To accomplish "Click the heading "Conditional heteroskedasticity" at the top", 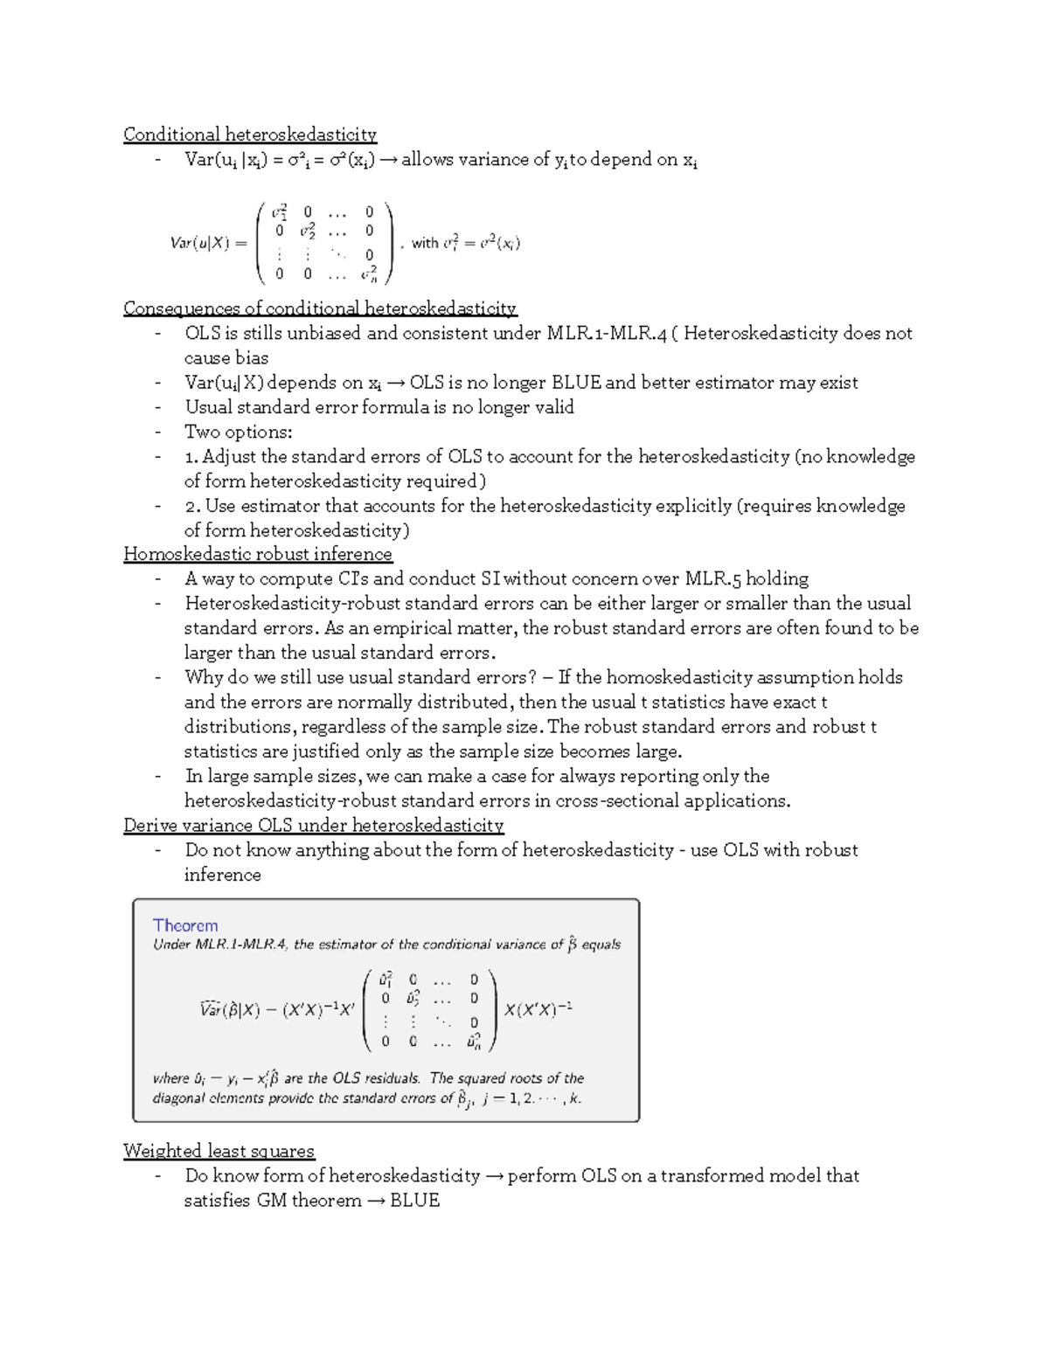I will (249, 135).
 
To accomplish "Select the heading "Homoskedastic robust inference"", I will (258, 554).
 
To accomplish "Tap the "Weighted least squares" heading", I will (219, 1151).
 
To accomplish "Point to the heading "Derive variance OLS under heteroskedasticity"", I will (313, 826).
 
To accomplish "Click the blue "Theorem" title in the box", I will (185, 925).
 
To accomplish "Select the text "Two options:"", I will (238, 432).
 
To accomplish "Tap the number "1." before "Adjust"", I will (191, 456).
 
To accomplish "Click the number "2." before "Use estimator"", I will (192, 506).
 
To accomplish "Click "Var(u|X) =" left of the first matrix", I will (208, 244).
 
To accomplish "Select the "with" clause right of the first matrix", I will (464, 243).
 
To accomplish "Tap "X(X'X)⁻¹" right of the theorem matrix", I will (538, 1009).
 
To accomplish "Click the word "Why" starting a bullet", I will (203, 678).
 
